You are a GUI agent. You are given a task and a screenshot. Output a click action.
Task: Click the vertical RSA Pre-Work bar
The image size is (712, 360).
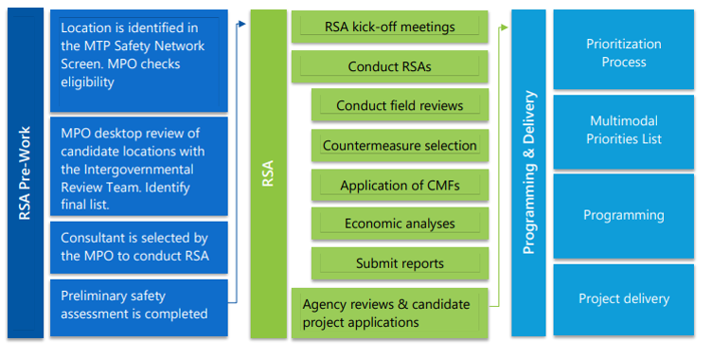click(26, 174)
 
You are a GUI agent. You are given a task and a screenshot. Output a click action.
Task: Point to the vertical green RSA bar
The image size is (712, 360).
click(268, 174)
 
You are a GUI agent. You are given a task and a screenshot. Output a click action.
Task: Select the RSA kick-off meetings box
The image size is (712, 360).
click(389, 27)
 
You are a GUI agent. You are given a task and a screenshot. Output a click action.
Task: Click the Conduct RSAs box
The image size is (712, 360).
click(389, 67)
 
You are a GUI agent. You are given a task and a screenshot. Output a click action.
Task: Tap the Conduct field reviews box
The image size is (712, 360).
click(399, 106)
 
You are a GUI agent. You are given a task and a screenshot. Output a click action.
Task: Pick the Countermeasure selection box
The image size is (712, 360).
click(399, 146)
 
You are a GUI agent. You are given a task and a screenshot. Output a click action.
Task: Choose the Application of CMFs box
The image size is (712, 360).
click(399, 186)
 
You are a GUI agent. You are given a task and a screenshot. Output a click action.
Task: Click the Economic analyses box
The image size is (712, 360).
click(399, 225)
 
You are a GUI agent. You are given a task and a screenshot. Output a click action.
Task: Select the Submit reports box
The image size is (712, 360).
click(399, 263)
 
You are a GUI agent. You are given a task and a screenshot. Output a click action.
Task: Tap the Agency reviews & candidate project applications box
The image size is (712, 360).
click(389, 314)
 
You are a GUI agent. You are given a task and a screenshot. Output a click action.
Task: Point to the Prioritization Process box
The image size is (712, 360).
click(623, 53)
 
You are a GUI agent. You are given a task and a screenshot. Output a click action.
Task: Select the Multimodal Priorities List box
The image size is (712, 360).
click(623, 131)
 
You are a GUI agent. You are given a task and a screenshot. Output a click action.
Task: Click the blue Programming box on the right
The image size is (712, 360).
click(623, 215)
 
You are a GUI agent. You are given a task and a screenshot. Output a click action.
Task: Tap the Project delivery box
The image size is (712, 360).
click(623, 298)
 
